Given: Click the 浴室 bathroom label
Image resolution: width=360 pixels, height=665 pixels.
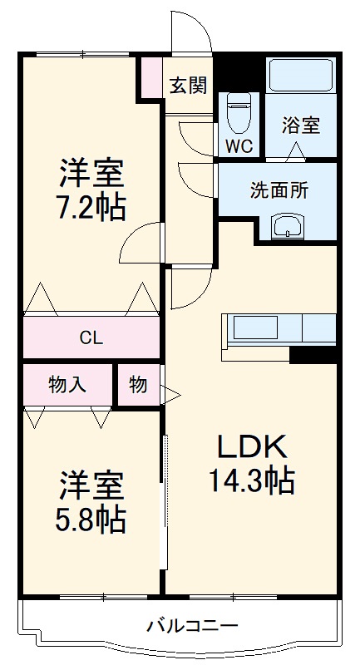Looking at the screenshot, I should point(300,126).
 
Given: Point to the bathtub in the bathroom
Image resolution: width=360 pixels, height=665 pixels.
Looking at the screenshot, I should point(301,77).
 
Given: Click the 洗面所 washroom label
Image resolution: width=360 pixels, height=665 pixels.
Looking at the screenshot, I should point(279,189).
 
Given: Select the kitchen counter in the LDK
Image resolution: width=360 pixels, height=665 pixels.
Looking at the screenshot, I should point(279,328).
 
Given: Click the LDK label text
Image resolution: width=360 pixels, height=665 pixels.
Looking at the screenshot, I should point(252,447).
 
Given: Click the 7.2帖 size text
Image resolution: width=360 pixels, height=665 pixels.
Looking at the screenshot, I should point(91,206).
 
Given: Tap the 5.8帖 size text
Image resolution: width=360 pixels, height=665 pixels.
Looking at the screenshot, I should point(91,519).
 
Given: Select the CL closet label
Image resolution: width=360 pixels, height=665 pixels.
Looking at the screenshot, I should point(91,337).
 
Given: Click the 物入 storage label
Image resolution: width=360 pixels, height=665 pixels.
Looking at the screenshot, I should point(67,385).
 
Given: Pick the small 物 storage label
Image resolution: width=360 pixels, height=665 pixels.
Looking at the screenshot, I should point(138,385).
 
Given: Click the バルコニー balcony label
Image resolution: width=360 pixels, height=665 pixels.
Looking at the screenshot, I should point(192,625).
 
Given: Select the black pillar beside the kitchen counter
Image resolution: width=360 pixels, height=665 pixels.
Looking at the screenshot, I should point(313,355).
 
